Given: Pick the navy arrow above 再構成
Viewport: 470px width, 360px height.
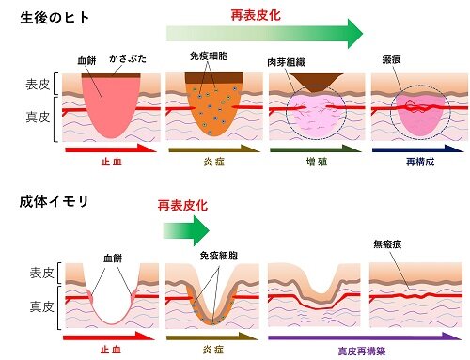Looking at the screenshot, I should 414,149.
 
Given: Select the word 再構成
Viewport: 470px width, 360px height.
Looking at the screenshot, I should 414,162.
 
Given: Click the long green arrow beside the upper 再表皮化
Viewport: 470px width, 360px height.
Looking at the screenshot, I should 263,35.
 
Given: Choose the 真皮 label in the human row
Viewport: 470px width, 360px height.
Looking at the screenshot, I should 36,118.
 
